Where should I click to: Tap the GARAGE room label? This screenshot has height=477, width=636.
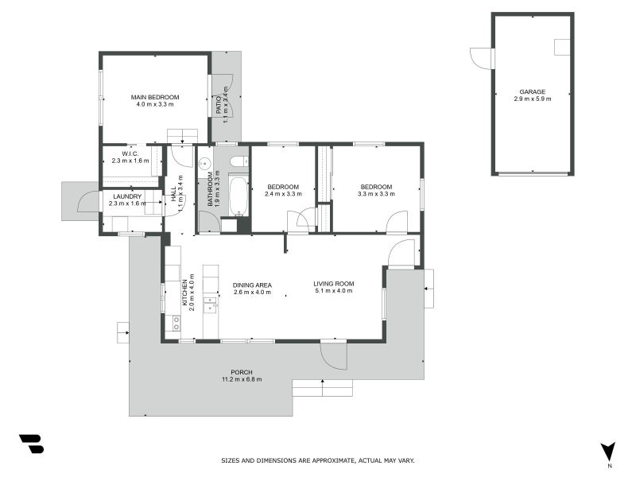tap(532, 91)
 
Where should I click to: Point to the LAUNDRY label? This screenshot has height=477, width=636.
tap(127, 196)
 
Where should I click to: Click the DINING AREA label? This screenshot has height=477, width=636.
tap(252, 285)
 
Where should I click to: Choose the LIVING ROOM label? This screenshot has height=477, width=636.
tap(333, 284)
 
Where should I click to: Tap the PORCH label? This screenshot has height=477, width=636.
tap(242, 372)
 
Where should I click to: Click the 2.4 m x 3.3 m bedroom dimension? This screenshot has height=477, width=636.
tap(283, 194)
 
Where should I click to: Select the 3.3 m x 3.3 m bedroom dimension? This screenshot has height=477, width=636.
tap(376, 194)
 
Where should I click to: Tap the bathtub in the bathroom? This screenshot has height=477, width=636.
tap(238, 196)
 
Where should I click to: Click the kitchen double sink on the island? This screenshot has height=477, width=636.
tap(210, 305)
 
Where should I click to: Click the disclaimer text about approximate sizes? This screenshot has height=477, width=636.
tap(317, 460)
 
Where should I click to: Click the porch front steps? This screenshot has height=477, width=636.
tap(322, 387)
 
